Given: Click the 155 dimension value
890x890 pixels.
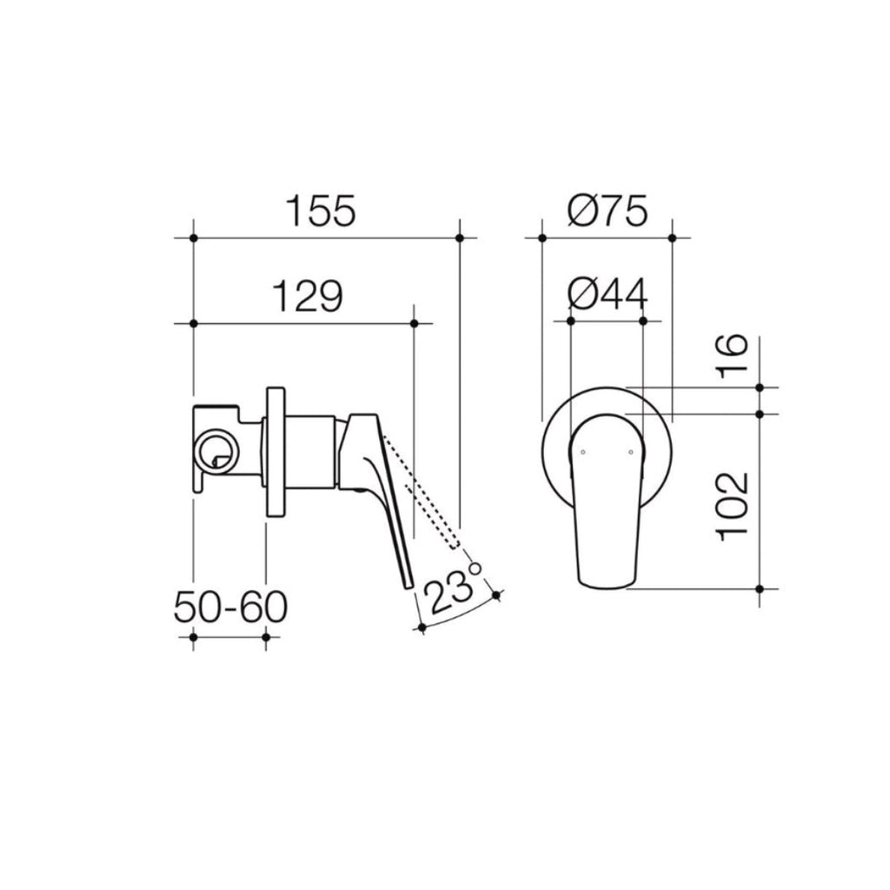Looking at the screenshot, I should coord(322,211).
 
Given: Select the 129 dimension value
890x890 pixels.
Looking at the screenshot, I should coord(309,296).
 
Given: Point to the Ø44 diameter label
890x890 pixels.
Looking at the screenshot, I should coord(608,296).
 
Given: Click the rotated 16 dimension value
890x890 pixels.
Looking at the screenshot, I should coord(733,355).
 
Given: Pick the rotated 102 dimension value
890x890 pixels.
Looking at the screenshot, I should coord(733,506).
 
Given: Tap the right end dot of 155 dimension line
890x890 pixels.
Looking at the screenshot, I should coord(461,237).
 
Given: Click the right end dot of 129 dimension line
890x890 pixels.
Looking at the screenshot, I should coord(414,323).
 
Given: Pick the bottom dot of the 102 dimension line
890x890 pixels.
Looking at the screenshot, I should coord(760,589).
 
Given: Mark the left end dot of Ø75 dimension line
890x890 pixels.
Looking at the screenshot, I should coord(541,237).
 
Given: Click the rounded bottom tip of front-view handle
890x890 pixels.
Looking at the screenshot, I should coord(606,586).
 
